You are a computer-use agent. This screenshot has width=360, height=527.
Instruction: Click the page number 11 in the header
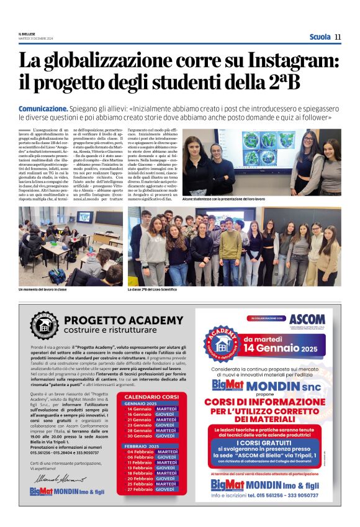click(x=338, y=37)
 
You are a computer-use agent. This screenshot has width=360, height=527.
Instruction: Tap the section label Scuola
click(x=320, y=37)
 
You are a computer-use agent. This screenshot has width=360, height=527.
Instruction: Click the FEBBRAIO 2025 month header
click(x=142, y=446)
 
